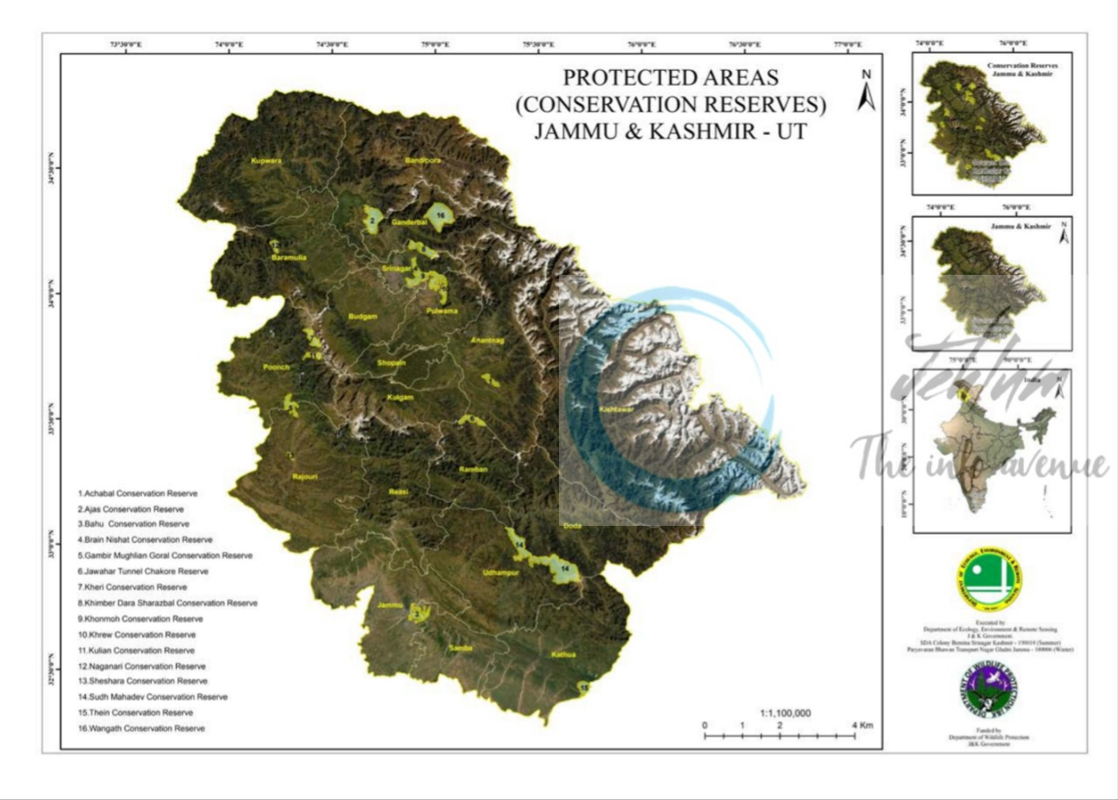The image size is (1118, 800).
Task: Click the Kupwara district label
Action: (x=266, y=161)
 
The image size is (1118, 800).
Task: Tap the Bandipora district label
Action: (x=423, y=161)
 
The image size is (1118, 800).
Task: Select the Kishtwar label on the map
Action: (x=616, y=410)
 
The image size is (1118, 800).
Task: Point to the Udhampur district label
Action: (x=501, y=573)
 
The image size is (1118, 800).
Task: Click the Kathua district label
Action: (x=564, y=655)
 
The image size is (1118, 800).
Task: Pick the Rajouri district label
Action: (x=305, y=477)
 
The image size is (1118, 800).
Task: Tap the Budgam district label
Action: (x=363, y=317)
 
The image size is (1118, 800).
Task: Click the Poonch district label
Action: (x=276, y=367)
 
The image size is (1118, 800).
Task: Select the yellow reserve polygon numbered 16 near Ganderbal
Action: (x=439, y=216)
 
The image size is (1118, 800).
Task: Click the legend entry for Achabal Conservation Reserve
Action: (x=138, y=494)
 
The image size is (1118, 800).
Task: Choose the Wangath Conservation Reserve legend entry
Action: (x=141, y=728)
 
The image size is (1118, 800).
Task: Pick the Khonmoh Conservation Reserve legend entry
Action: (x=141, y=619)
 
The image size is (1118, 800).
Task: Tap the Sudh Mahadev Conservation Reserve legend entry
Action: (x=152, y=697)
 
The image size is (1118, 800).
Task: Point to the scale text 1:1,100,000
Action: (x=785, y=713)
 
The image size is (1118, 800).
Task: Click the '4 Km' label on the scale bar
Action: (x=862, y=725)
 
